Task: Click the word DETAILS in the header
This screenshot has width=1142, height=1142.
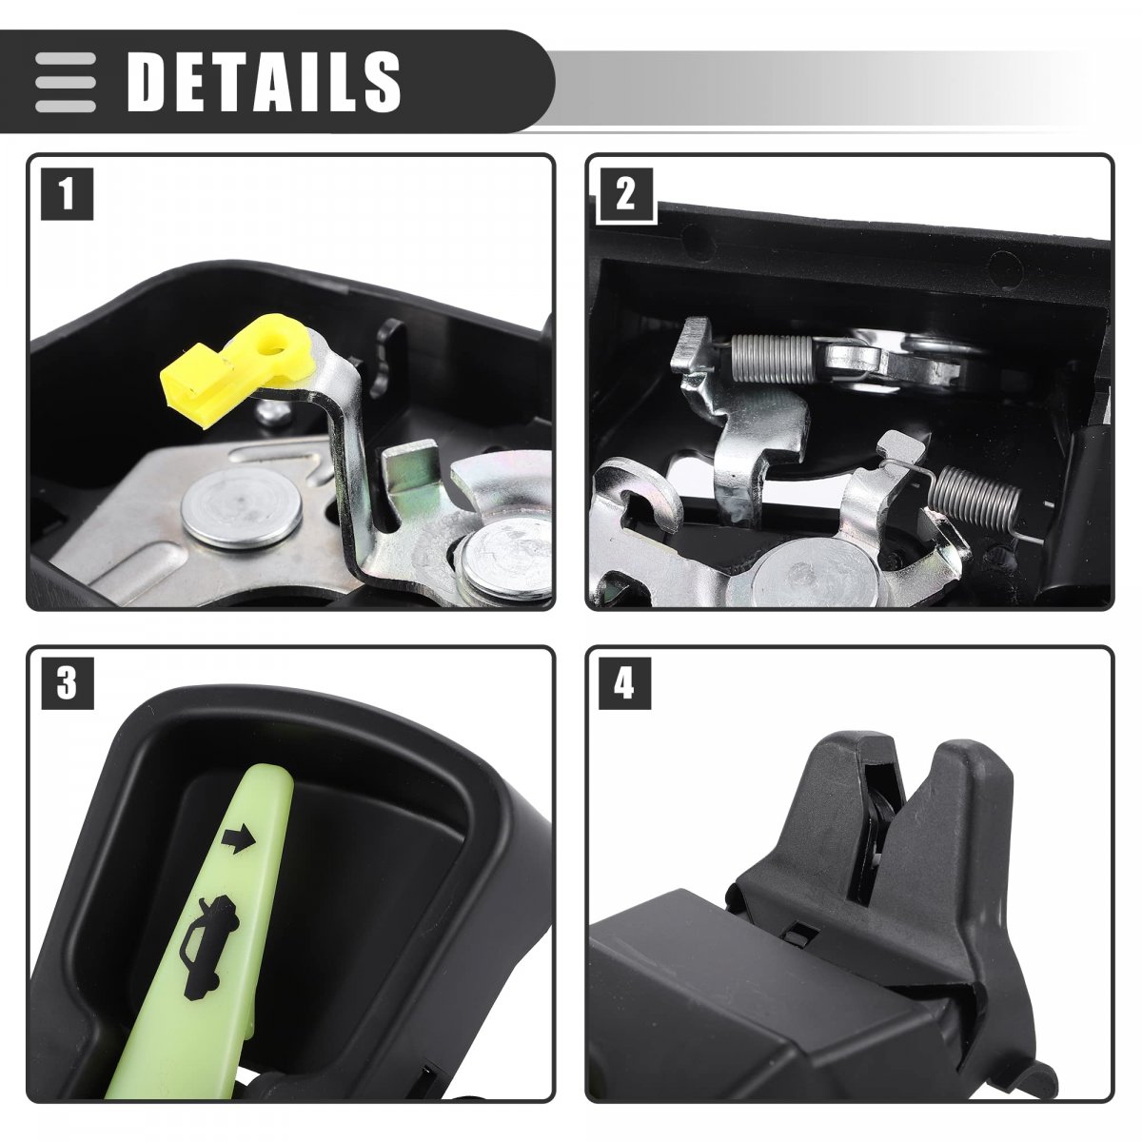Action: click(x=265, y=81)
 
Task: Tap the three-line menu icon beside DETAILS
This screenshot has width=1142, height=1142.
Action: click(x=66, y=82)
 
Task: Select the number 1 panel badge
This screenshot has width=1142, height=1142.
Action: click(x=67, y=194)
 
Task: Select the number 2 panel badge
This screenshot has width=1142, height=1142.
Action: click(x=626, y=194)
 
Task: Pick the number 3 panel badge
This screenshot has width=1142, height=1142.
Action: click(x=67, y=683)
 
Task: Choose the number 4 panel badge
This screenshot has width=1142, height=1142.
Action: click(x=624, y=683)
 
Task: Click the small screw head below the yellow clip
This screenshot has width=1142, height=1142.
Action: click(x=274, y=413)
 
